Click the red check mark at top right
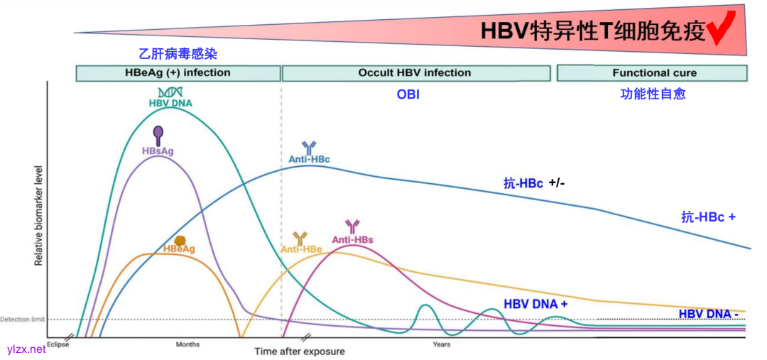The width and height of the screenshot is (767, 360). point(724,28)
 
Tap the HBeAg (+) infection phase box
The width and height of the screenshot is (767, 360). point(178,73)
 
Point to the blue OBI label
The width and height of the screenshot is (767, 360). point(408,94)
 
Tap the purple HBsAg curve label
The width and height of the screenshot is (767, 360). point(158,151)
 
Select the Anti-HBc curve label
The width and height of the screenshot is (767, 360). point(309,160)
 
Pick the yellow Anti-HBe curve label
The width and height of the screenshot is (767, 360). point(301,249)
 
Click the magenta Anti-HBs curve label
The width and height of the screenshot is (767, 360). point(352,240)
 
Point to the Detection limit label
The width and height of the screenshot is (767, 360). point(22,320)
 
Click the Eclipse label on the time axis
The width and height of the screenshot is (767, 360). point(57,345)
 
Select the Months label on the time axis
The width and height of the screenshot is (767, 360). point(187,345)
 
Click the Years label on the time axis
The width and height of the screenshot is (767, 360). point(441,345)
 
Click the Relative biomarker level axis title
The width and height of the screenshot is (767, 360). point(39,216)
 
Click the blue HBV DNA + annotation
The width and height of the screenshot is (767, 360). point(535,304)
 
